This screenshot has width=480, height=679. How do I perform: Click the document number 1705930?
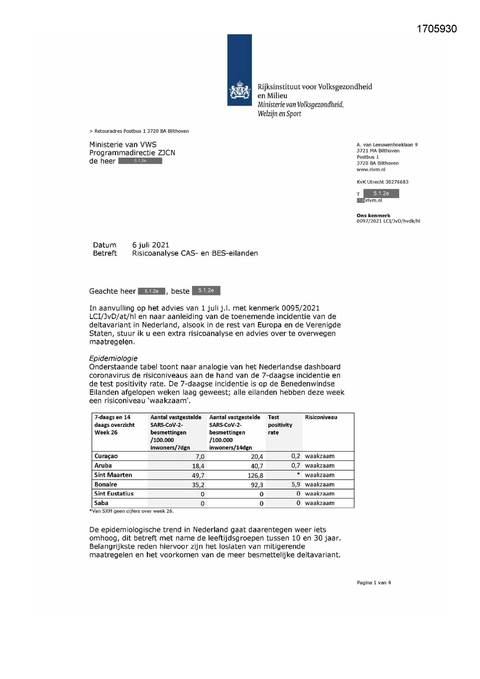[436, 29]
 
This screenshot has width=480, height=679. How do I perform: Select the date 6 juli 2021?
[150, 245]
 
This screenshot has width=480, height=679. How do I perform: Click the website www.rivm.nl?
[371, 169]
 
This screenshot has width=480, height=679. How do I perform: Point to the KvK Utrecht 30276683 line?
[382, 182]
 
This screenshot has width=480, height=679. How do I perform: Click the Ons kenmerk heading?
[373, 215]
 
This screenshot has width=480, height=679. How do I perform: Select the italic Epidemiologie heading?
[113, 358]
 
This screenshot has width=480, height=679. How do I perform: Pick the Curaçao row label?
[106, 456]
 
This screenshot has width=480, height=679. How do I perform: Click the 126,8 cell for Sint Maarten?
[255, 475]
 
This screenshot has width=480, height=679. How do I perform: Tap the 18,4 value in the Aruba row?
[198, 466]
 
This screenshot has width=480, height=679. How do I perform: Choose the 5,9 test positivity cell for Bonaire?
[295, 484]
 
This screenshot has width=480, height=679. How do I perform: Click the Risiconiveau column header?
[321, 417]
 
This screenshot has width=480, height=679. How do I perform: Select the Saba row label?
[101, 503]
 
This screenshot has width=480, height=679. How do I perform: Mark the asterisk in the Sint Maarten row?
[298, 474]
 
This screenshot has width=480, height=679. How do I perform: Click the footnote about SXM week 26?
[131, 511]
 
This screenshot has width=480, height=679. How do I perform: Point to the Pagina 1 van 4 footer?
[373, 583]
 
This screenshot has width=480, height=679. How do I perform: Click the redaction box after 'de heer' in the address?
[140, 161]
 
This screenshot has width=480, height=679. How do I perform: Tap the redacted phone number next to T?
[381, 193]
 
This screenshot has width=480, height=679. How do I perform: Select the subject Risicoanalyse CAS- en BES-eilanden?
[195, 253]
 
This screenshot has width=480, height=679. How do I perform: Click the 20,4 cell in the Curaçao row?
[257, 457]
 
